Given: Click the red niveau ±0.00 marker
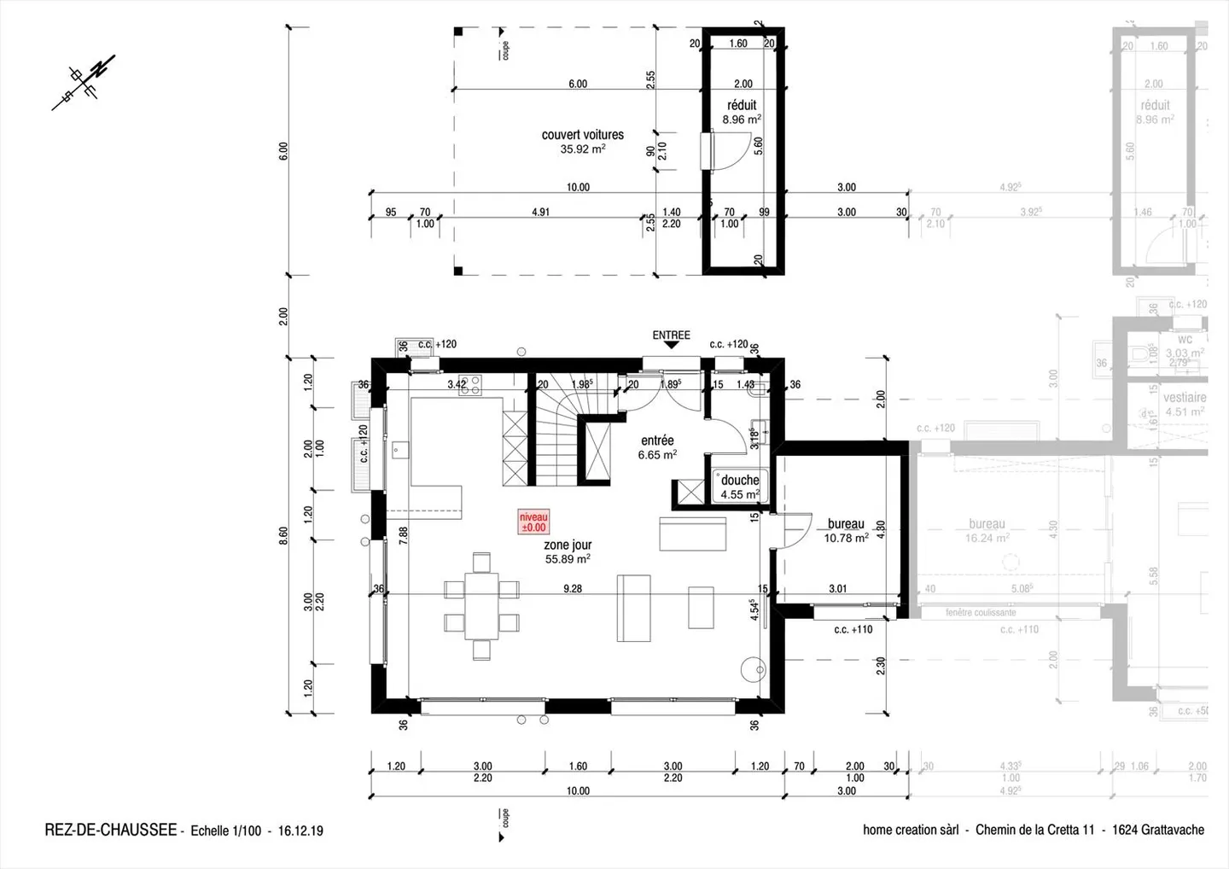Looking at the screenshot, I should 533,522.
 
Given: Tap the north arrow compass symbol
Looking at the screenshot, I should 84,82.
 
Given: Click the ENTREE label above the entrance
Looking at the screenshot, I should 671,335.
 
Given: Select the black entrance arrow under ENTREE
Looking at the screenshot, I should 672,346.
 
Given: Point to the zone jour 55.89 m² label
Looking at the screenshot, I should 568,551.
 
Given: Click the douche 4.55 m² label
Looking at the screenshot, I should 739,487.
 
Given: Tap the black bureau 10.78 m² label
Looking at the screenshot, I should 846,531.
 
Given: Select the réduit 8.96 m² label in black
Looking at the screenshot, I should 742,112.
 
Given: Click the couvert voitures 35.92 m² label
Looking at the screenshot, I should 583,141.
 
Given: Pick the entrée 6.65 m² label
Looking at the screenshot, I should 657,447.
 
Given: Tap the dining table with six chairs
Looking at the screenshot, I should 481,606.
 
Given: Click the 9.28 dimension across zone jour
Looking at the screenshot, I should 573,588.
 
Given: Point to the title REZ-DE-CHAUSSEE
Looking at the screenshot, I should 110,830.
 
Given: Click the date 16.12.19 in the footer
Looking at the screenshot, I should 300,831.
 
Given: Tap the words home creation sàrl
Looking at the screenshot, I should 911,830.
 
